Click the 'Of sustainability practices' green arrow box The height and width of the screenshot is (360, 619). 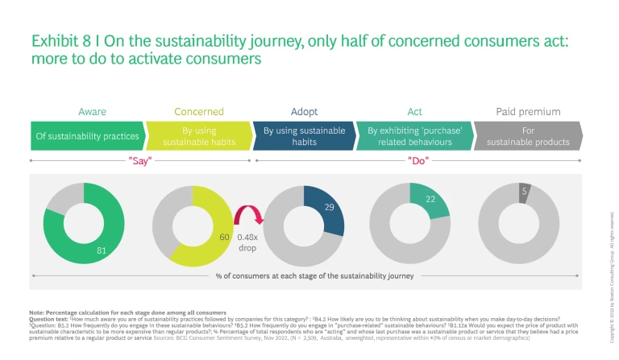pyautogui.click(x=87, y=136)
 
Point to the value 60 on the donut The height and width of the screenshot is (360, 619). pyautogui.click(x=225, y=238)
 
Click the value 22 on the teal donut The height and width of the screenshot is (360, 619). pyautogui.click(x=431, y=199)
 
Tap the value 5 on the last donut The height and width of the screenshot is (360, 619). pyautogui.click(x=525, y=191)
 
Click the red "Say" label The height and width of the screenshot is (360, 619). pyautogui.click(x=140, y=161)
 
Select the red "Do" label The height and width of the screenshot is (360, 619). pyautogui.click(x=418, y=161)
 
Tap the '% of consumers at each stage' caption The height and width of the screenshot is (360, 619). pyautogui.click(x=314, y=276)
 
